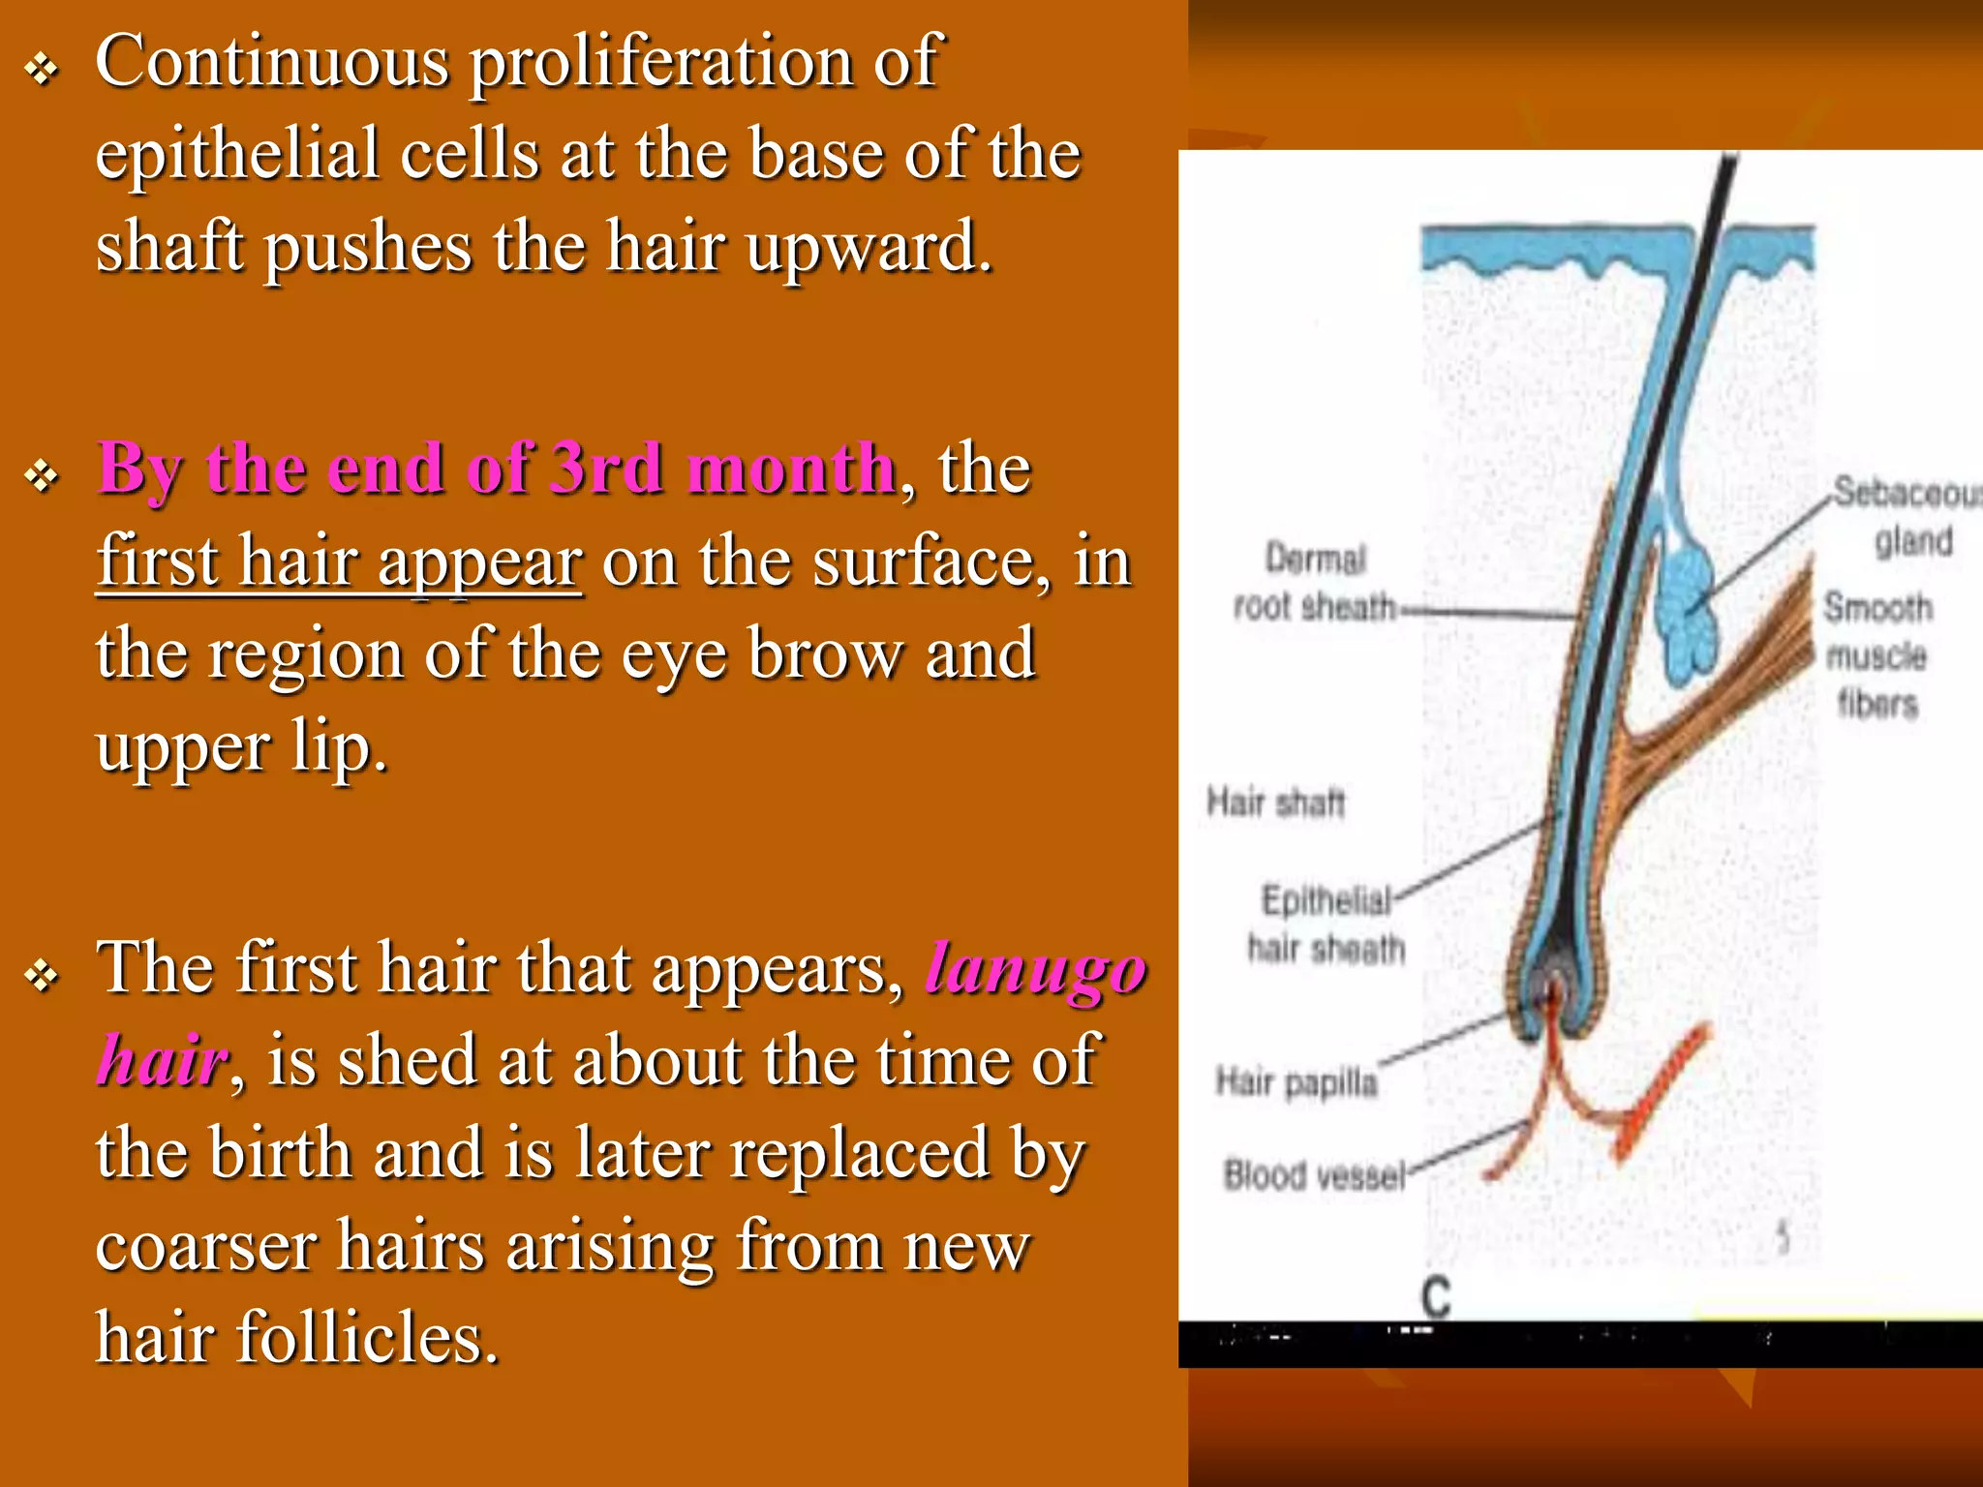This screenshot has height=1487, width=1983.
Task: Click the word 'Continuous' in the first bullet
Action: pos(272,62)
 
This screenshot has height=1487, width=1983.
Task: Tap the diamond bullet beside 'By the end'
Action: pos(43,475)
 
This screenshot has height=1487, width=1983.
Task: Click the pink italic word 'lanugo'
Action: pos(1035,969)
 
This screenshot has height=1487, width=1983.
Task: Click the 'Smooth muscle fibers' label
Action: pos(1877,655)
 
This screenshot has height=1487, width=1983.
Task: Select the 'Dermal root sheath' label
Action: pos(1315,583)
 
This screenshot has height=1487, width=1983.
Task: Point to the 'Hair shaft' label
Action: pos(1275,803)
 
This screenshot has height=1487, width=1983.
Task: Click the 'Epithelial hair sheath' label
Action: pos(1326,925)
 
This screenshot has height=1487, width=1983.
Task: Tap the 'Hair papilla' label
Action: pos(1297,1081)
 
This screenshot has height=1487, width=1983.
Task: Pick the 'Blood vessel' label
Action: pos(1313,1175)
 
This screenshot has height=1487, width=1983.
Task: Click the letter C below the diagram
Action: pos(1436,1297)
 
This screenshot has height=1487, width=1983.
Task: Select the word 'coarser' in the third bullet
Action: pos(205,1246)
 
